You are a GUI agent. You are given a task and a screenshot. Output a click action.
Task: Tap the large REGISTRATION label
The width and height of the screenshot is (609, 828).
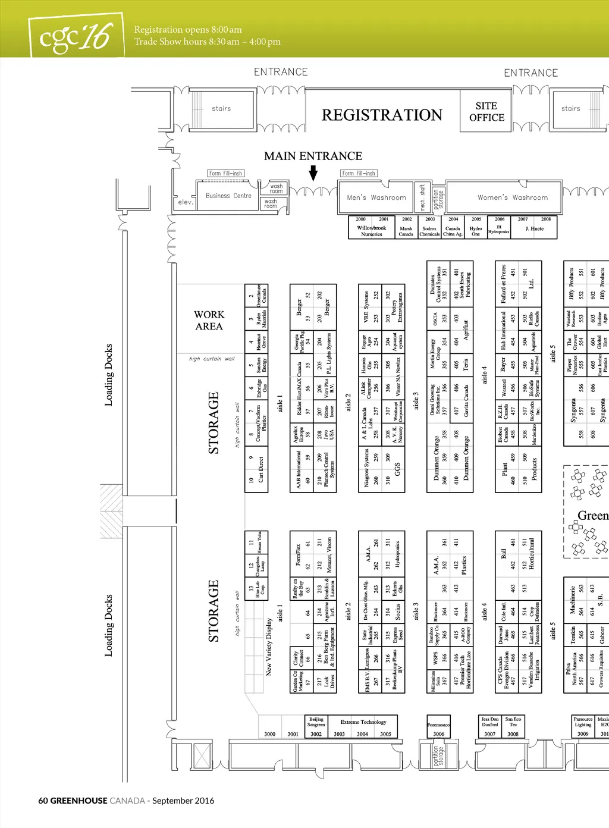(382, 115)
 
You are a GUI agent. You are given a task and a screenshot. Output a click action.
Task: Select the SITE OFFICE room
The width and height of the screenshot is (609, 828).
(486, 112)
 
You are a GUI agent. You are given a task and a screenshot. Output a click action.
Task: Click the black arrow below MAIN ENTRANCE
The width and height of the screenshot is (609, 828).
(313, 173)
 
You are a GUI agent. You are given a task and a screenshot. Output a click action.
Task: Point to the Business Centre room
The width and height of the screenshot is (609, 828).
(228, 196)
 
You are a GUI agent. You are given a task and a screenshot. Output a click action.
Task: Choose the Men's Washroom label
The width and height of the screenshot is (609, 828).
(376, 197)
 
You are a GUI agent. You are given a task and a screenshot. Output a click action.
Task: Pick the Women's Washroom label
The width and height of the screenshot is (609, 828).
(513, 197)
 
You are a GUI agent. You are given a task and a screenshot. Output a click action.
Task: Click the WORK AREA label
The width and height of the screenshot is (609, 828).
(209, 320)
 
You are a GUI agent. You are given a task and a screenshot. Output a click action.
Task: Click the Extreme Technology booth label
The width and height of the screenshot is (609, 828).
(363, 722)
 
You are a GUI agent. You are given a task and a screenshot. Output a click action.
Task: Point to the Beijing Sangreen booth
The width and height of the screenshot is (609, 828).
(316, 722)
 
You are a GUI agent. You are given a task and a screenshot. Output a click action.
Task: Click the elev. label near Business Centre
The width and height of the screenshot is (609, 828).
(186, 202)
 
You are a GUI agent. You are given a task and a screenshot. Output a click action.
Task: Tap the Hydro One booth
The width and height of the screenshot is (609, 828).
(476, 231)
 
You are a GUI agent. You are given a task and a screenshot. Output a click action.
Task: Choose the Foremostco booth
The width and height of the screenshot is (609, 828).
(438, 725)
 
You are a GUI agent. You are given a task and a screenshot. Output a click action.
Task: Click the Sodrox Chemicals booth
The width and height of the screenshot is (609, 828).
(429, 231)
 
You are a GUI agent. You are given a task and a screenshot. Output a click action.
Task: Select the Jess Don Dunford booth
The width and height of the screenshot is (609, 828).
(490, 722)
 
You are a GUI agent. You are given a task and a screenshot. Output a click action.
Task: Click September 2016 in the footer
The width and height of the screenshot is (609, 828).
(183, 801)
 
